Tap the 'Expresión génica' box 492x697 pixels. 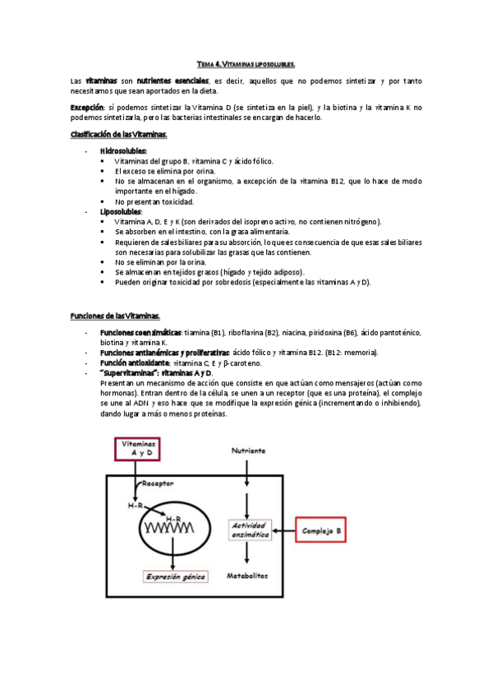pyautogui.click(x=174, y=576)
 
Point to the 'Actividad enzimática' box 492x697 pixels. pyautogui.click(x=250, y=530)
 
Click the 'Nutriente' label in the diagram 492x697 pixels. pyautogui.click(x=248, y=451)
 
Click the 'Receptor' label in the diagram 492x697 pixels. pyautogui.click(x=160, y=484)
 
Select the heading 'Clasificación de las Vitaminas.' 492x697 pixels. pyautogui.click(x=119, y=134)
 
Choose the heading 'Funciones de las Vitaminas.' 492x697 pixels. pyautogui.click(x=115, y=316)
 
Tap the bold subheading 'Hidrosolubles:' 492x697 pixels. pyautogui.click(x=123, y=151)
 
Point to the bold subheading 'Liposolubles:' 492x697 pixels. pyautogui.click(x=121, y=211)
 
